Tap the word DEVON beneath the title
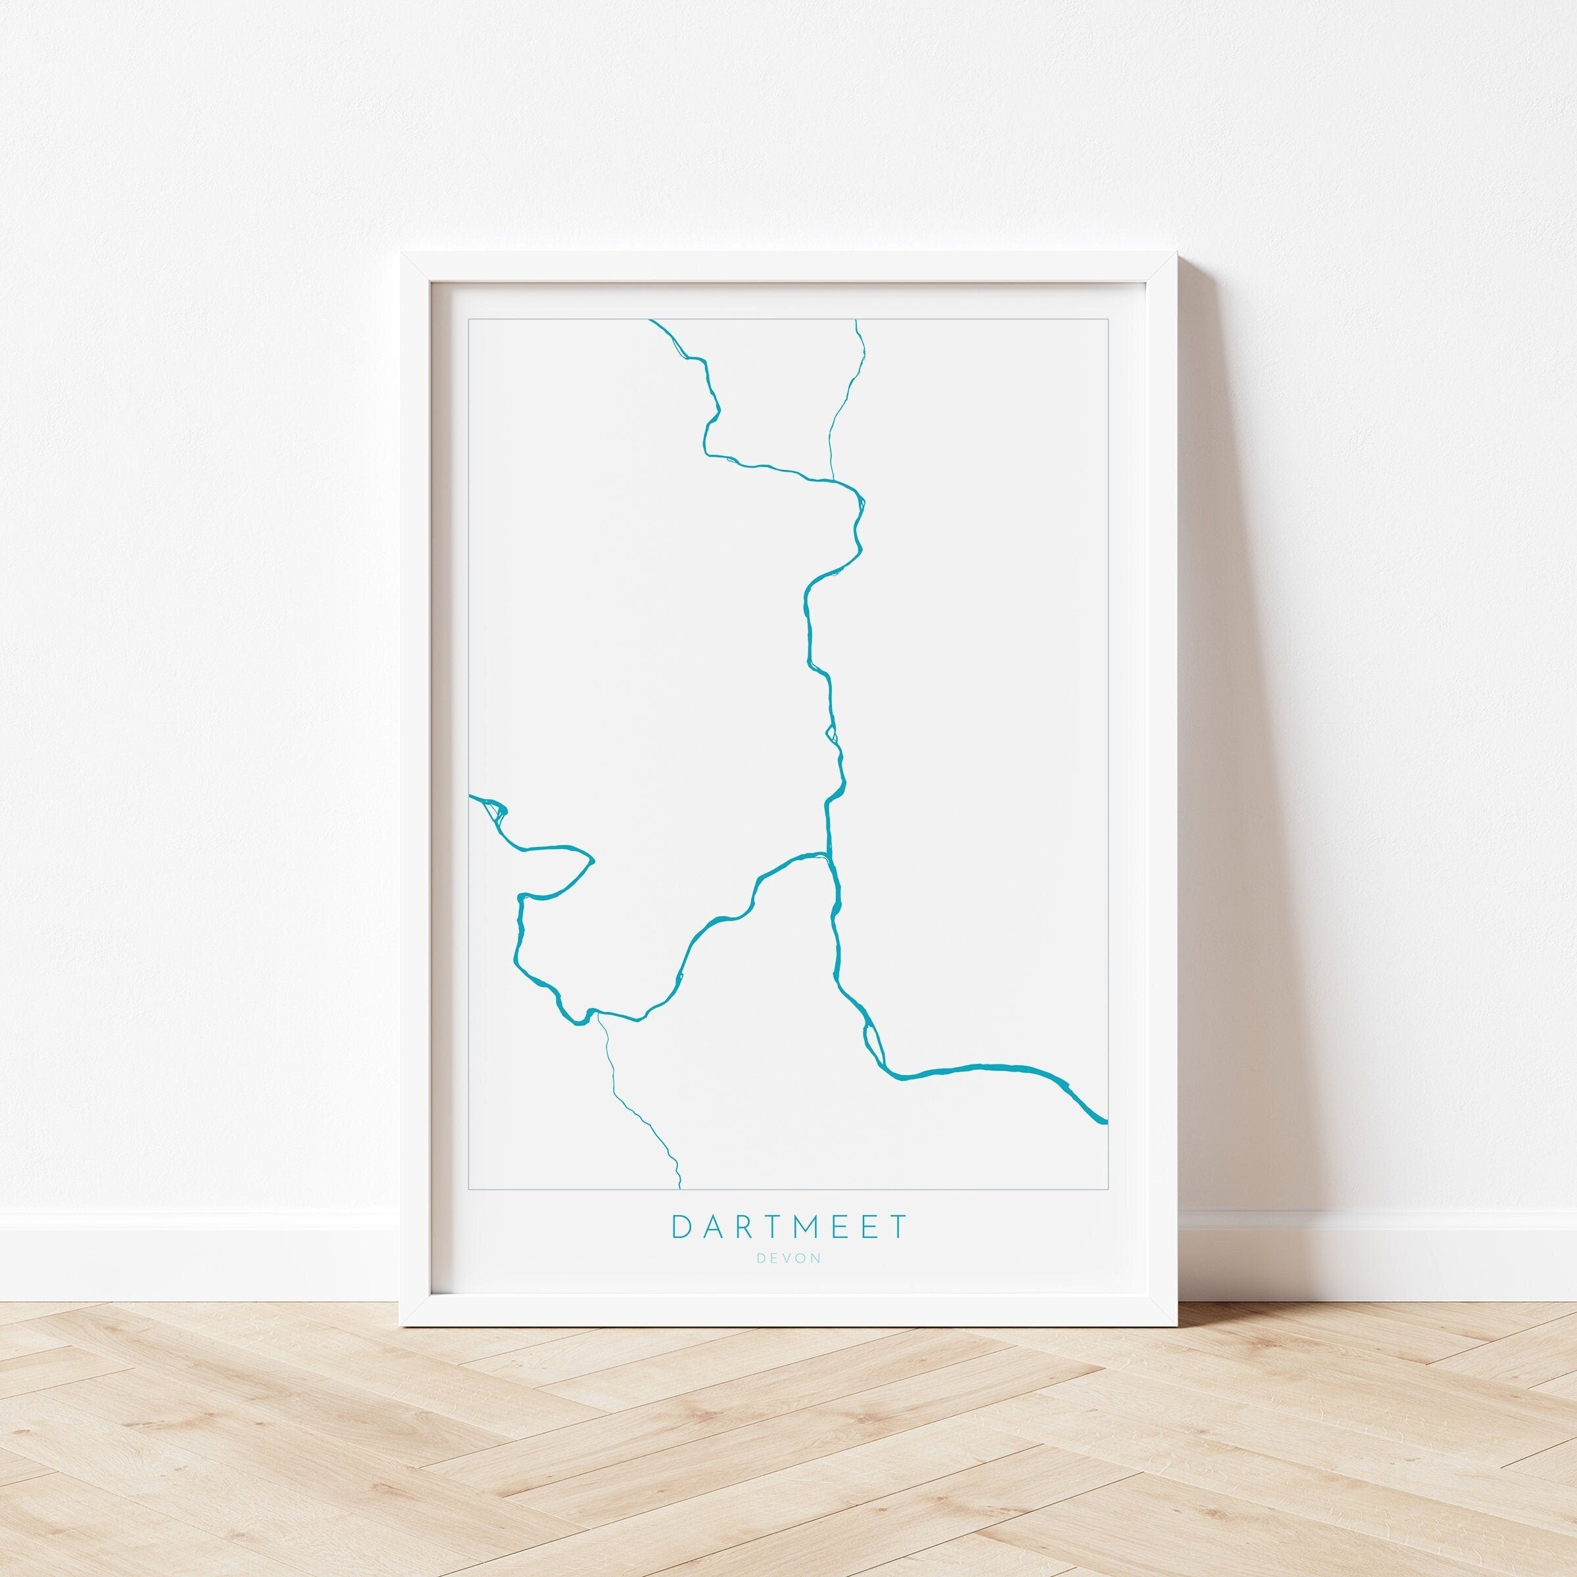pos(788,1281)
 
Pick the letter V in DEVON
pos(788,1281)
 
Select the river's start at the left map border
pos(472,795)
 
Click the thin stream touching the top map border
pos(856,321)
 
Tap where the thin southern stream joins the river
pos(599,1015)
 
